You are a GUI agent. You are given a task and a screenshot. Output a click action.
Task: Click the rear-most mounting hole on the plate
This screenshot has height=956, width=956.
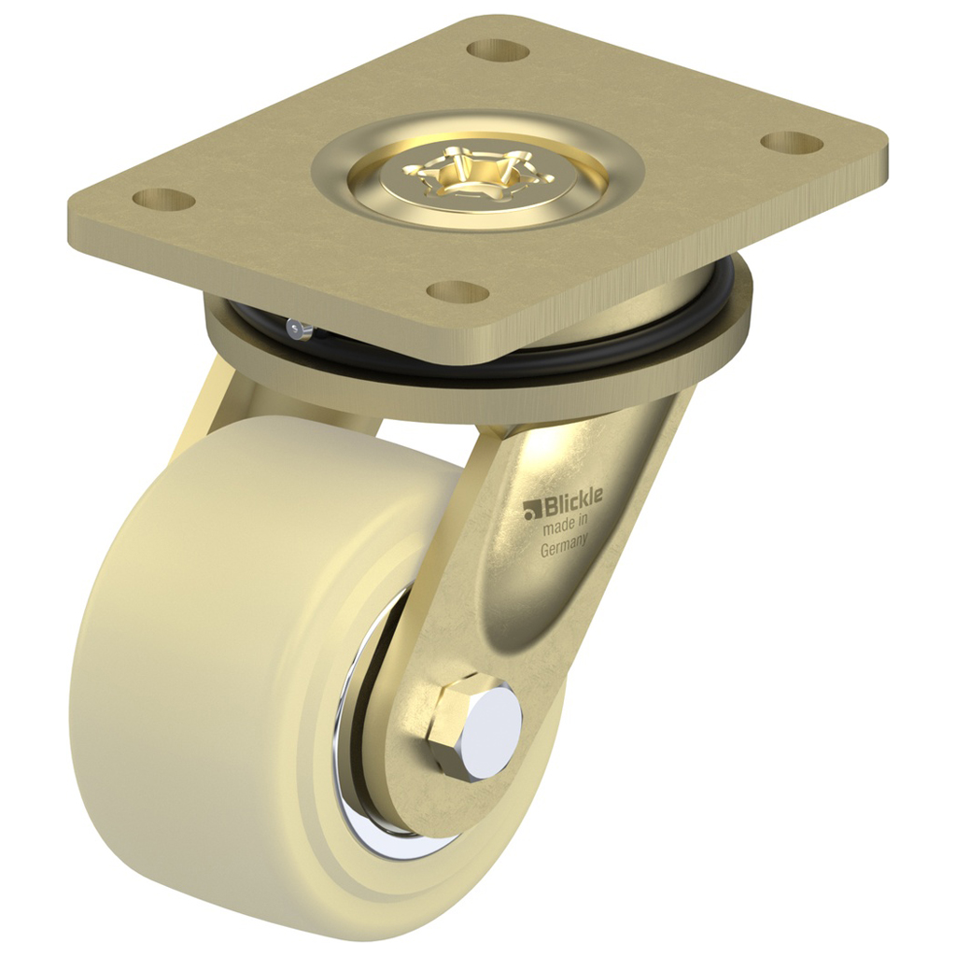tap(498, 50)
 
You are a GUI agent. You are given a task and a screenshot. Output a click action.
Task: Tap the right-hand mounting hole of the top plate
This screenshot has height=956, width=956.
tap(791, 143)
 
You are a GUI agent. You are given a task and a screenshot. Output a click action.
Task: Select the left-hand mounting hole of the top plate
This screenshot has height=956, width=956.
tap(163, 199)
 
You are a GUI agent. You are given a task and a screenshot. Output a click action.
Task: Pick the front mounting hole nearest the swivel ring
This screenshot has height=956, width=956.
tap(457, 291)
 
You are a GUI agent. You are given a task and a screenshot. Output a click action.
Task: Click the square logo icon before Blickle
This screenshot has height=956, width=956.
tap(533, 509)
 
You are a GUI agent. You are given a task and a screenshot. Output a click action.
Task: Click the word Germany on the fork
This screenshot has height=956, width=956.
tap(565, 548)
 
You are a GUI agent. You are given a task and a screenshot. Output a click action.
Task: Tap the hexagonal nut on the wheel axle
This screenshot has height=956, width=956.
tap(453, 728)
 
